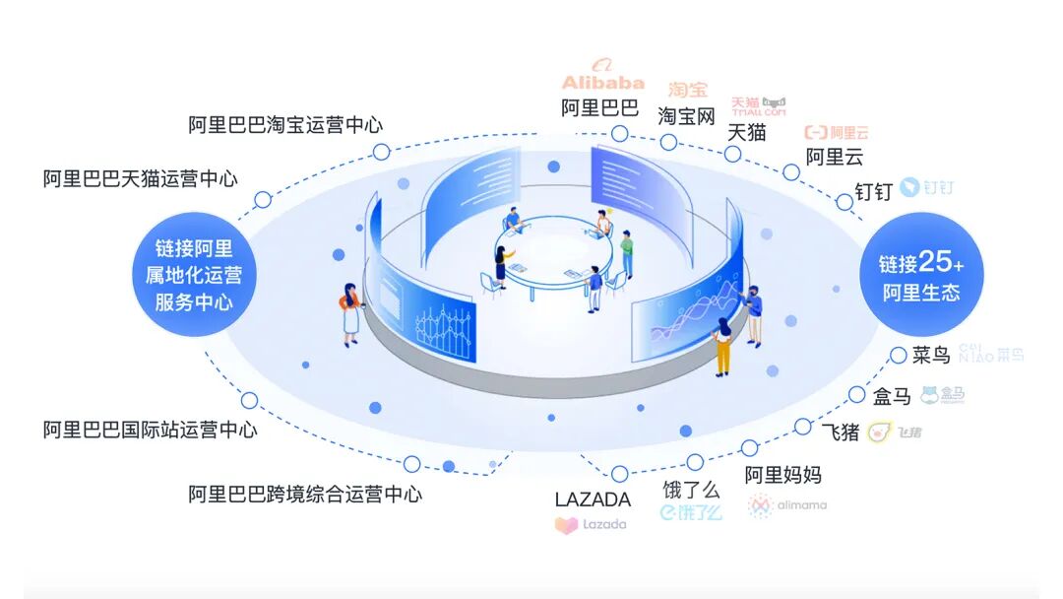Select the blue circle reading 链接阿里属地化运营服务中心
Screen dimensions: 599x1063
(194, 275)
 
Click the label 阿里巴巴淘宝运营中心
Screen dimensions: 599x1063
(285, 125)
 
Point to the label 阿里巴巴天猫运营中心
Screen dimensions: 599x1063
(140, 178)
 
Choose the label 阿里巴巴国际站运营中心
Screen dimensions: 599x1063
(150, 430)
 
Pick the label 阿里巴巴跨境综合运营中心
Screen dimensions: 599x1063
(305, 494)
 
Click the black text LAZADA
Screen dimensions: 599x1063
(593, 499)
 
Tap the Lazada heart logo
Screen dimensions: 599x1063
(566, 525)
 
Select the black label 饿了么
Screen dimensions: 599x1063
(691, 490)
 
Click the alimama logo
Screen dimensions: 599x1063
(786, 505)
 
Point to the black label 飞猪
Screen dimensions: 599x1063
(841, 432)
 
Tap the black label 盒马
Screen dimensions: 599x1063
(892, 396)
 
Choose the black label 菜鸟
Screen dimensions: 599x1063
(930, 355)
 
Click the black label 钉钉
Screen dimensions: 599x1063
(873, 191)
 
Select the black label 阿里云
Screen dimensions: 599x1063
(834, 156)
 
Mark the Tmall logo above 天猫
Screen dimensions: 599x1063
(759, 106)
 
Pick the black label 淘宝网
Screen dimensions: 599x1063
(686, 115)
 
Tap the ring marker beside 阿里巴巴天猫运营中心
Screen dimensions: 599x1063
(263, 200)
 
